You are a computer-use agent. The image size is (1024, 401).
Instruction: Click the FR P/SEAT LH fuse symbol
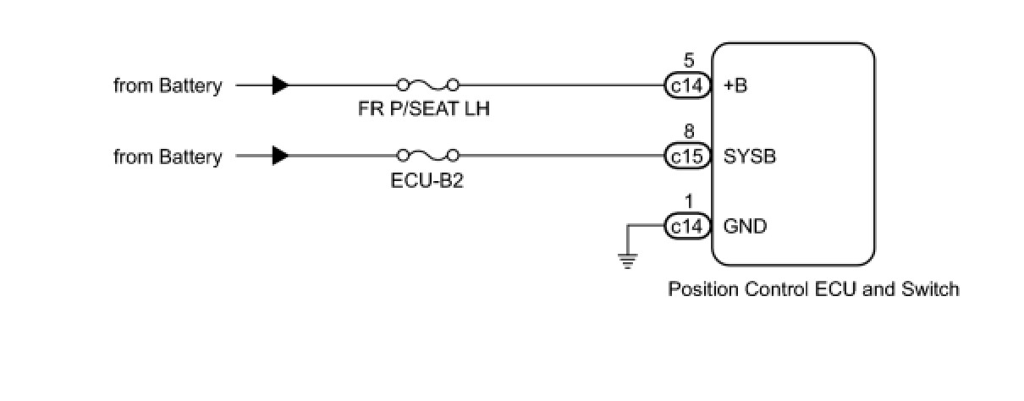[427, 85]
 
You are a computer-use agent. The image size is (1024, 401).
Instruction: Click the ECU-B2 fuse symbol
[427, 156]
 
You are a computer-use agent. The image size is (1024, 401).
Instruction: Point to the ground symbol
[627, 260]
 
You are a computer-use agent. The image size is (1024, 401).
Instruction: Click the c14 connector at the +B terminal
[686, 85]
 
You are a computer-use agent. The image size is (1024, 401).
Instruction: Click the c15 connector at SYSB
[686, 157]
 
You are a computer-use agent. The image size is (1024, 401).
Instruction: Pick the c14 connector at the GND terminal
[686, 227]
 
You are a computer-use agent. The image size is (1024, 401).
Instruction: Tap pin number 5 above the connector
[688, 62]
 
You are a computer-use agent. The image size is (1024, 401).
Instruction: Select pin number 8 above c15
[688, 133]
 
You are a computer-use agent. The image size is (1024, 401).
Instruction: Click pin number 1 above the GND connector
[688, 203]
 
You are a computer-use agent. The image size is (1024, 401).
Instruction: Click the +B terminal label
[736, 85]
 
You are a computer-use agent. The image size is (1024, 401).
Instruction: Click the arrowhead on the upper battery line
[280, 85]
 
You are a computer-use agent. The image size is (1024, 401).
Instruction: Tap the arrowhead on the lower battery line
[280, 156]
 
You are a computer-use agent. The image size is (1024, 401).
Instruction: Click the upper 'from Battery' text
[168, 85]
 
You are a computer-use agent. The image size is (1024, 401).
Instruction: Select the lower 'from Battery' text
[168, 157]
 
